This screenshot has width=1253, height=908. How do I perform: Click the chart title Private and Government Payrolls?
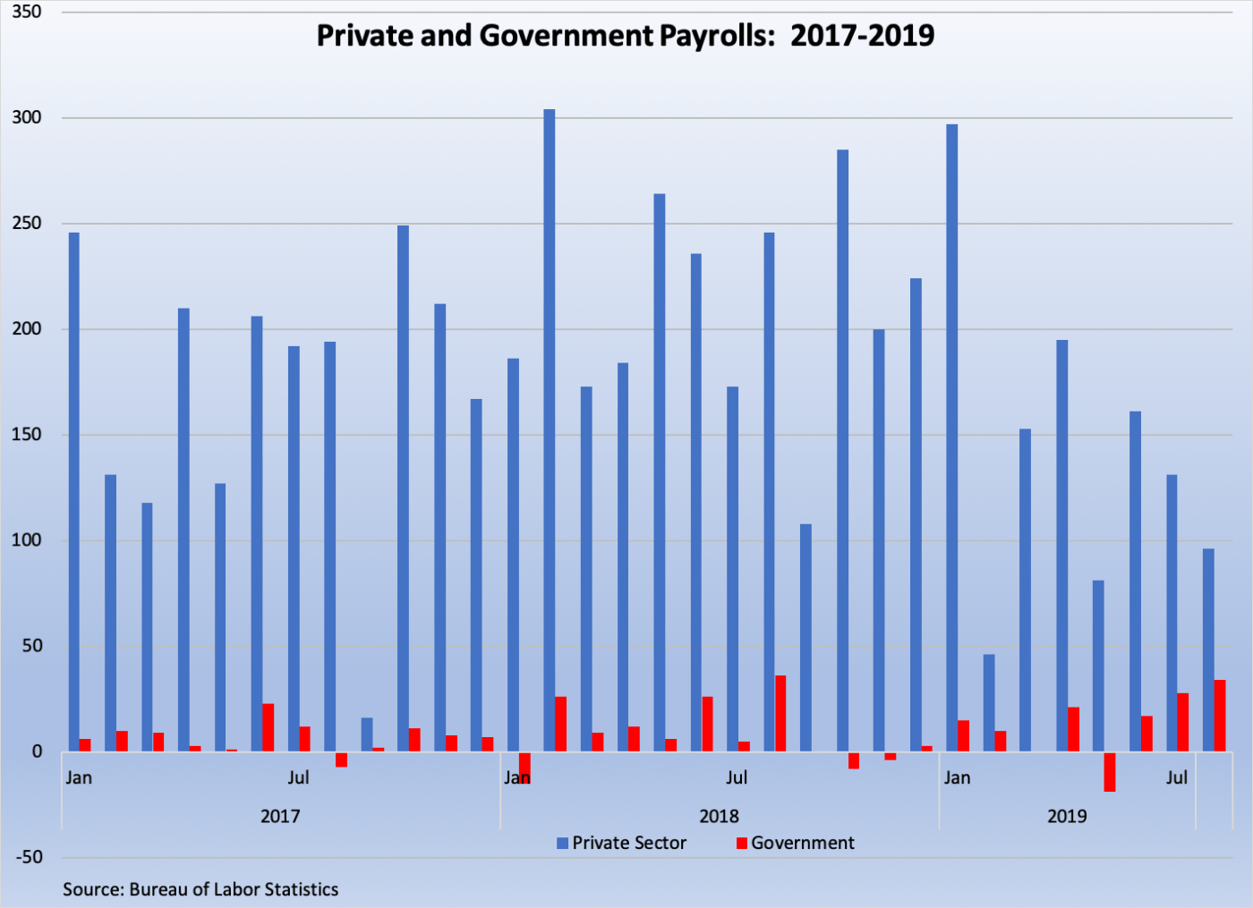626,36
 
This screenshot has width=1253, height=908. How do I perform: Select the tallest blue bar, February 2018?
550,429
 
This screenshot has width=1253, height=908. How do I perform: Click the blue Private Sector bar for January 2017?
74,492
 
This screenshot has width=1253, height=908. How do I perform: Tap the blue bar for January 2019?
951,438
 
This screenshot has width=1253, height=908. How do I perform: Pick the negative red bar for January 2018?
524,768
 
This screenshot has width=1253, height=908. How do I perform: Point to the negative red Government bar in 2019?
1110,771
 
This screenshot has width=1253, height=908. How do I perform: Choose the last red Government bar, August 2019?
1220,716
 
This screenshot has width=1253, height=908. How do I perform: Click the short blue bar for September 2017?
367,734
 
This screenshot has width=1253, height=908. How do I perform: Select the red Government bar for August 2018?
780,713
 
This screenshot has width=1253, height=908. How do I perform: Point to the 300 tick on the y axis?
27,117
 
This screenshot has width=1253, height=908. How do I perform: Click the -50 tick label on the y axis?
29,857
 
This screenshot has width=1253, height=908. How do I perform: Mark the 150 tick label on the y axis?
27,435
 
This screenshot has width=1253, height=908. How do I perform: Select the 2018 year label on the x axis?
719,816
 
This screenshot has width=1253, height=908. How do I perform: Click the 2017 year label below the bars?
280,816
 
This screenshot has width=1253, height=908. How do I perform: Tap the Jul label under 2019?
1177,777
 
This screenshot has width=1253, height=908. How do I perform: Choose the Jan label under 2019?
957,777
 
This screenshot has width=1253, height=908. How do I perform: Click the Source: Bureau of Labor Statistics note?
200,889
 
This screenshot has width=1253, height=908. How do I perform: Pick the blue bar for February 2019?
989,702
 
